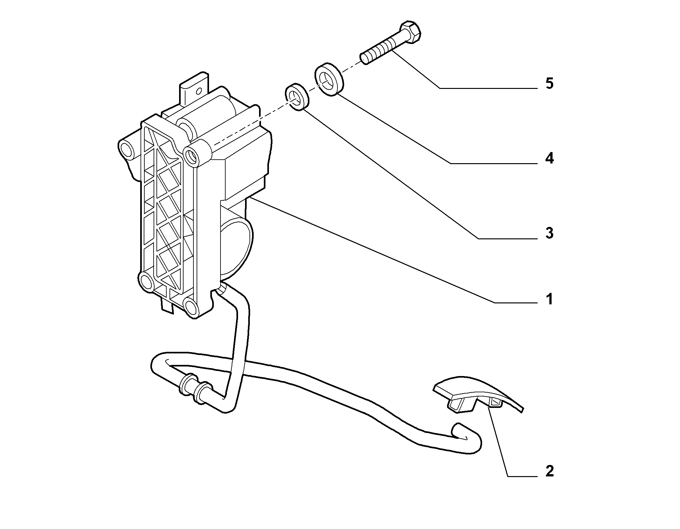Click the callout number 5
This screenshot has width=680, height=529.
(549, 83)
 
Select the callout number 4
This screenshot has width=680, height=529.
(549, 158)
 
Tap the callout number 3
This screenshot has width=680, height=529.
(549, 233)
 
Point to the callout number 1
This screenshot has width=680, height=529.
(549, 299)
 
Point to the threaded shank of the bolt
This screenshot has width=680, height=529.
(379, 51)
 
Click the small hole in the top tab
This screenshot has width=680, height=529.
(199, 91)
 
